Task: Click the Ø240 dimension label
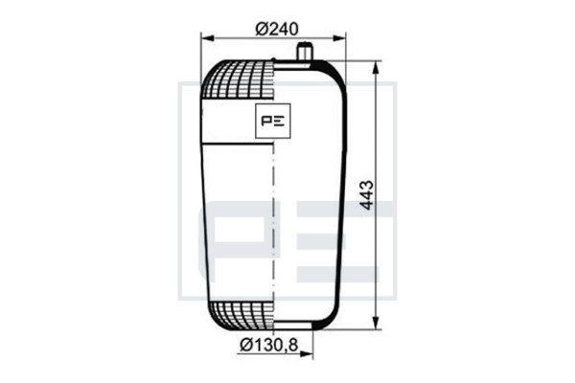click(277, 29)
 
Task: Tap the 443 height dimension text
click(366, 195)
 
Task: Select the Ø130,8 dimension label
click(268, 345)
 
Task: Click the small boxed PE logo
click(273, 121)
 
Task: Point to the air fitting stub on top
click(304, 51)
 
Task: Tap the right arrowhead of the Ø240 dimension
click(339, 38)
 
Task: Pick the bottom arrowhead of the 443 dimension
click(376, 322)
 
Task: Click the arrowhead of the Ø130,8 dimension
click(307, 353)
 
